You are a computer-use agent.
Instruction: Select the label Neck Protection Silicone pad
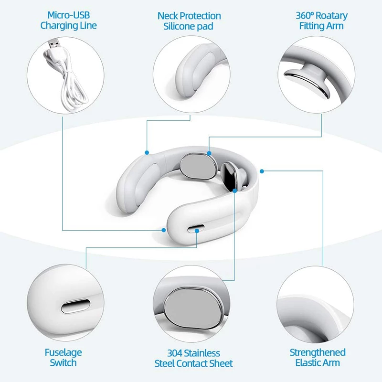click(x=189, y=21)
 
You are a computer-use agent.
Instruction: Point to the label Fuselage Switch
click(x=63, y=358)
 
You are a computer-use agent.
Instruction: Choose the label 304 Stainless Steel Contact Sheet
click(x=193, y=359)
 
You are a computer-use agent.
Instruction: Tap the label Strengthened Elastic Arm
click(x=318, y=357)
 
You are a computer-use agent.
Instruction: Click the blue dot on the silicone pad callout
click(x=147, y=152)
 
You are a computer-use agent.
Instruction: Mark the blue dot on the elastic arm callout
click(x=262, y=170)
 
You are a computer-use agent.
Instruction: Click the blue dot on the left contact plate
click(x=209, y=153)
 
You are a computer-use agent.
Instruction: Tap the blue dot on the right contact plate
click(x=235, y=190)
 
